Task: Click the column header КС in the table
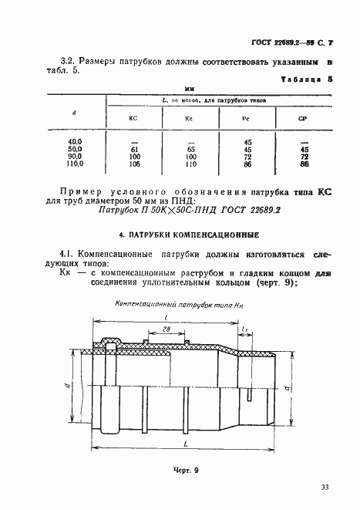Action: point(132,118)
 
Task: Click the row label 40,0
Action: point(74,142)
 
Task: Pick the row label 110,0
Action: point(74,164)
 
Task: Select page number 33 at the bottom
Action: point(325,487)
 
